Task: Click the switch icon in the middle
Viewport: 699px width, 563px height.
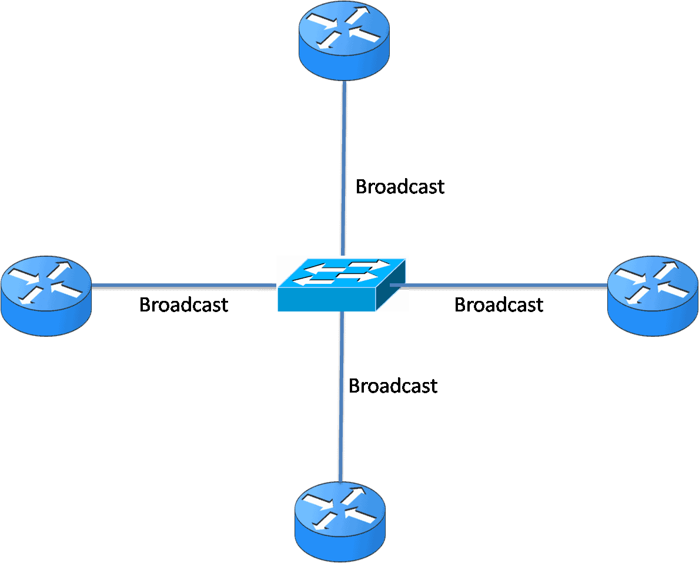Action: coord(342,284)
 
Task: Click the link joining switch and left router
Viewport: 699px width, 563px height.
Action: coord(182,286)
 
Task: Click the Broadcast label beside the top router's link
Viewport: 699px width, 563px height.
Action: coord(400,186)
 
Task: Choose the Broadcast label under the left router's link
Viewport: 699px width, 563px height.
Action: coord(183,304)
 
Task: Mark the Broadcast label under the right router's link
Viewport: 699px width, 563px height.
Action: coord(499,304)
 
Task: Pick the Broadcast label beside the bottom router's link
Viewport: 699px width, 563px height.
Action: coord(393,386)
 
